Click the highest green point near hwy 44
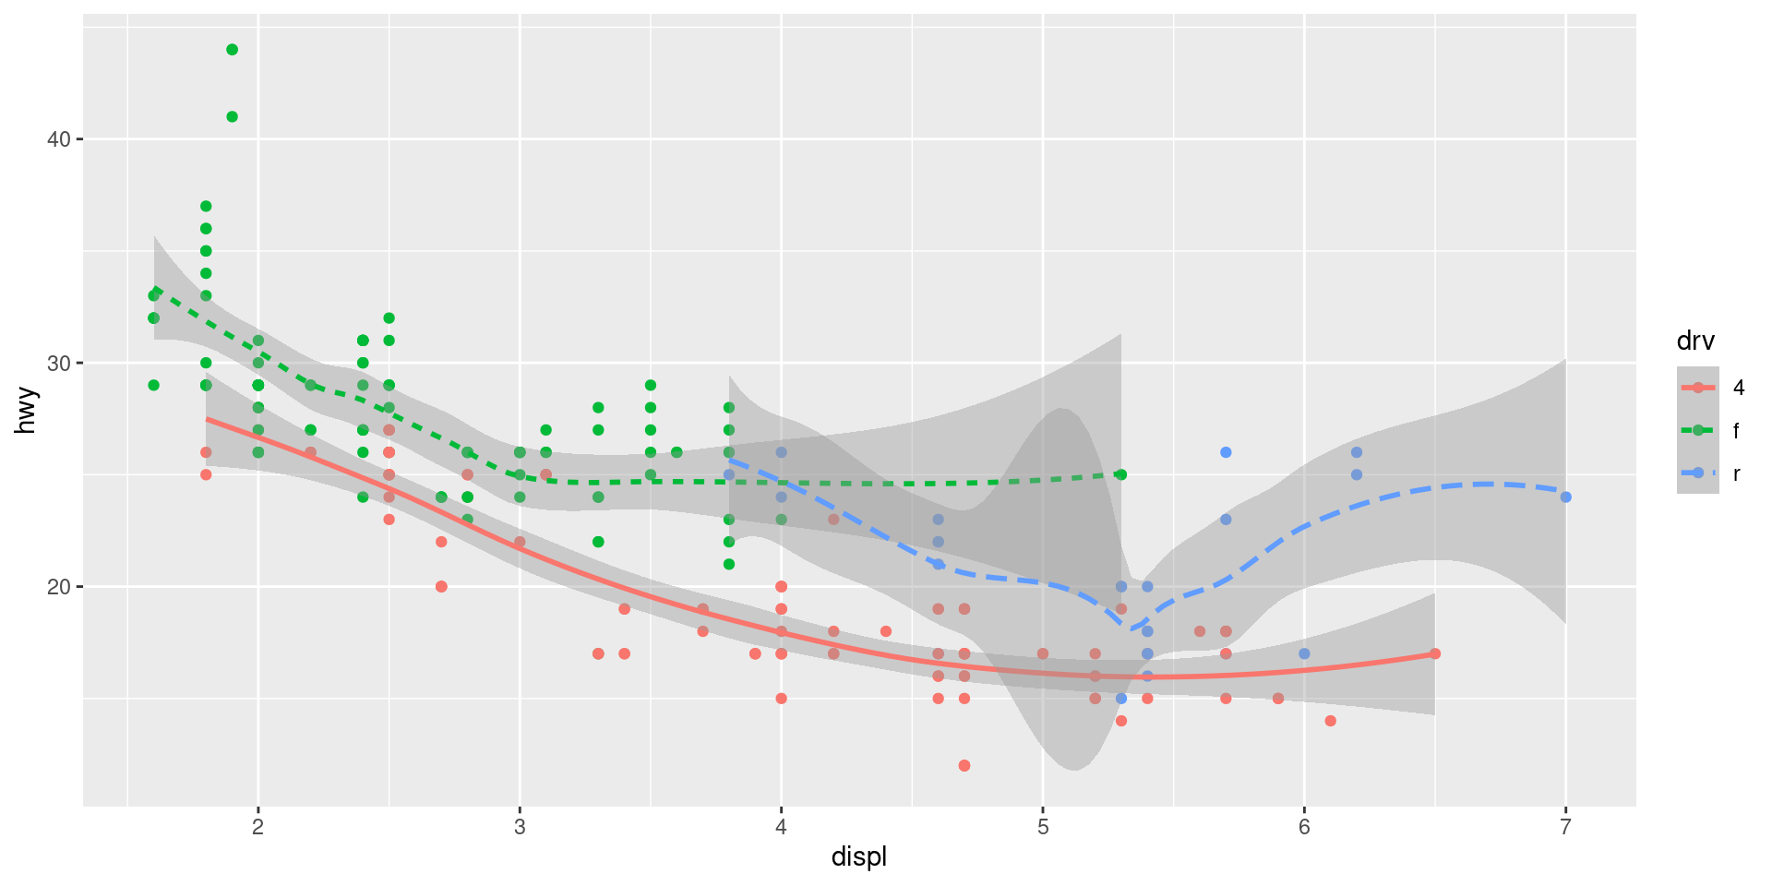click(x=232, y=50)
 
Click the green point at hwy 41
click(x=232, y=116)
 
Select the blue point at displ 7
click(x=1565, y=497)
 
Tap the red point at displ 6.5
click(x=1435, y=653)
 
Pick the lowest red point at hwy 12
click(x=964, y=765)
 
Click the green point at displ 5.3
click(x=1121, y=474)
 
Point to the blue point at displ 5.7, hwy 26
click(x=1226, y=452)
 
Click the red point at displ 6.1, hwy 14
click(x=1330, y=721)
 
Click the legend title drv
click(x=1695, y=341)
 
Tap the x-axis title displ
click(x=858, y=856)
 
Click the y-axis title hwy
click(x=26, y=411)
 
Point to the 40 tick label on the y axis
click(x=59, y=139)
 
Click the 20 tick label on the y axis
click(x=59, y=587)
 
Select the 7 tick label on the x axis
click(x=1565, y=827)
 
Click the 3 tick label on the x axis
click(x=520, y=827)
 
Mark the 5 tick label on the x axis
click(x=1043, y=827)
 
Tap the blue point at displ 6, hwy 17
click(x=1304, y=653)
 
